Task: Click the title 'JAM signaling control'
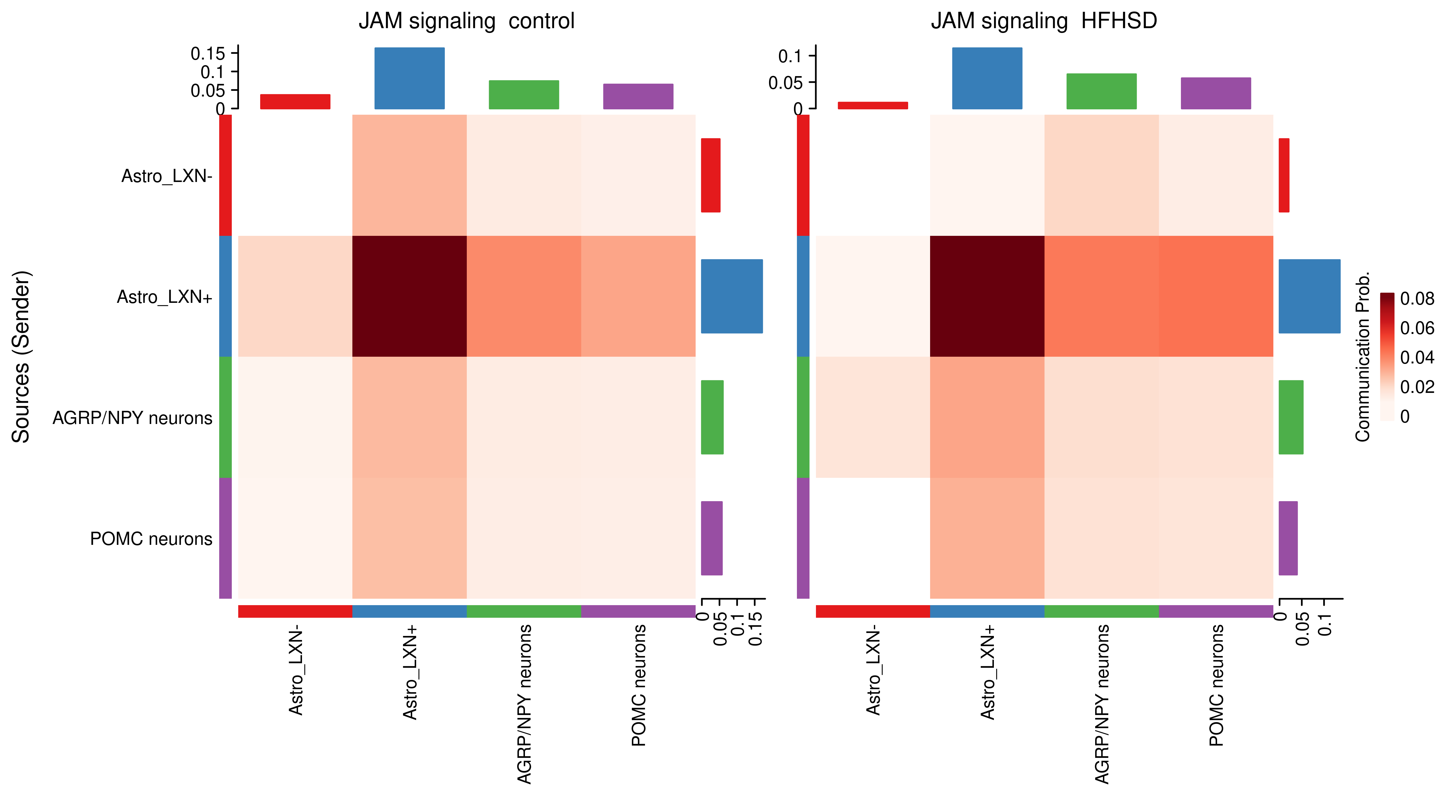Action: (466, 21)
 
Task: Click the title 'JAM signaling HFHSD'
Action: (1044, 21)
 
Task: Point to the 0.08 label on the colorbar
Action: (1417, 299)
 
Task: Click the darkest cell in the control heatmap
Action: (409, 296)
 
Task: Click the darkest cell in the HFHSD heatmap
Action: (987, 296)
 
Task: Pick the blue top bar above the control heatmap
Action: (409, 78)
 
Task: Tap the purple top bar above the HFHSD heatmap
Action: (1215, 93)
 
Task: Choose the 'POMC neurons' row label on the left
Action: (151, 539)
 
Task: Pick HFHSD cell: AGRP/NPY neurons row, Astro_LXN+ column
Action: (987, 417)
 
